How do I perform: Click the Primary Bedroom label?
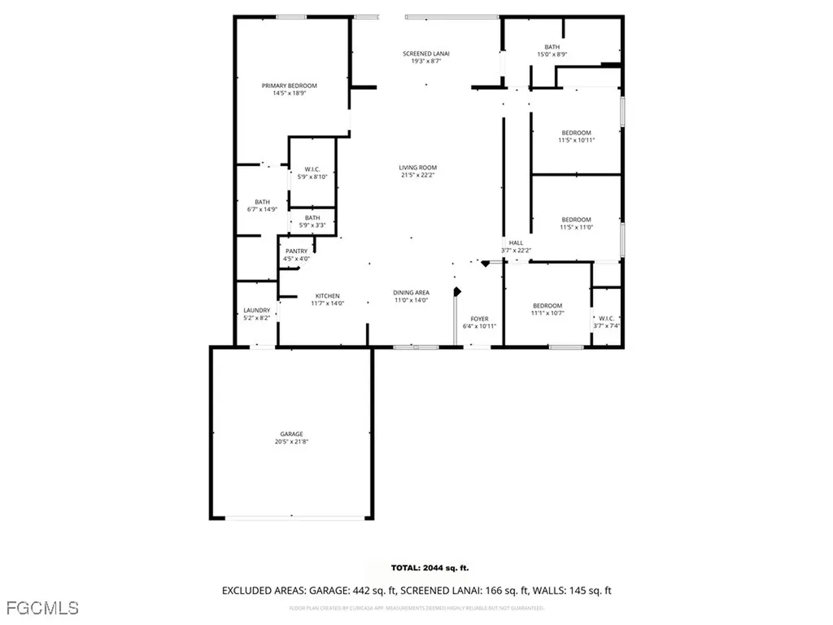[x=289, y=85]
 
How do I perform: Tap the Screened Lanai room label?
[x=426, y=54]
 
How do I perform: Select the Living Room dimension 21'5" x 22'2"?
[x=419, y=176]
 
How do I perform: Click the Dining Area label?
[x=411, y=292]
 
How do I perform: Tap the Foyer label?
[x=480, y=318]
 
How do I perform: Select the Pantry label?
[x=296, y=251]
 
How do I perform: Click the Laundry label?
[x=256, y=310]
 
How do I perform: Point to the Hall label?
[x=516, y=243]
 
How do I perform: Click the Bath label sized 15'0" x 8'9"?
[x=552, y=47]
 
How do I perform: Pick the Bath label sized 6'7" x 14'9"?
[x=262, y=202]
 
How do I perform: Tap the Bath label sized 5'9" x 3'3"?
[x=312, y=217]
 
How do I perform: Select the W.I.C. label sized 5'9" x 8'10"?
[x=312, y=168]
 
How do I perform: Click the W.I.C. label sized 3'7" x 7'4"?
[x=607, y=317]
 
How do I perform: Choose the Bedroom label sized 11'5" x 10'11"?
[x=576, y=133]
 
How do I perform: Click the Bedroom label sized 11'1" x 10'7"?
[x=547, y=305]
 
